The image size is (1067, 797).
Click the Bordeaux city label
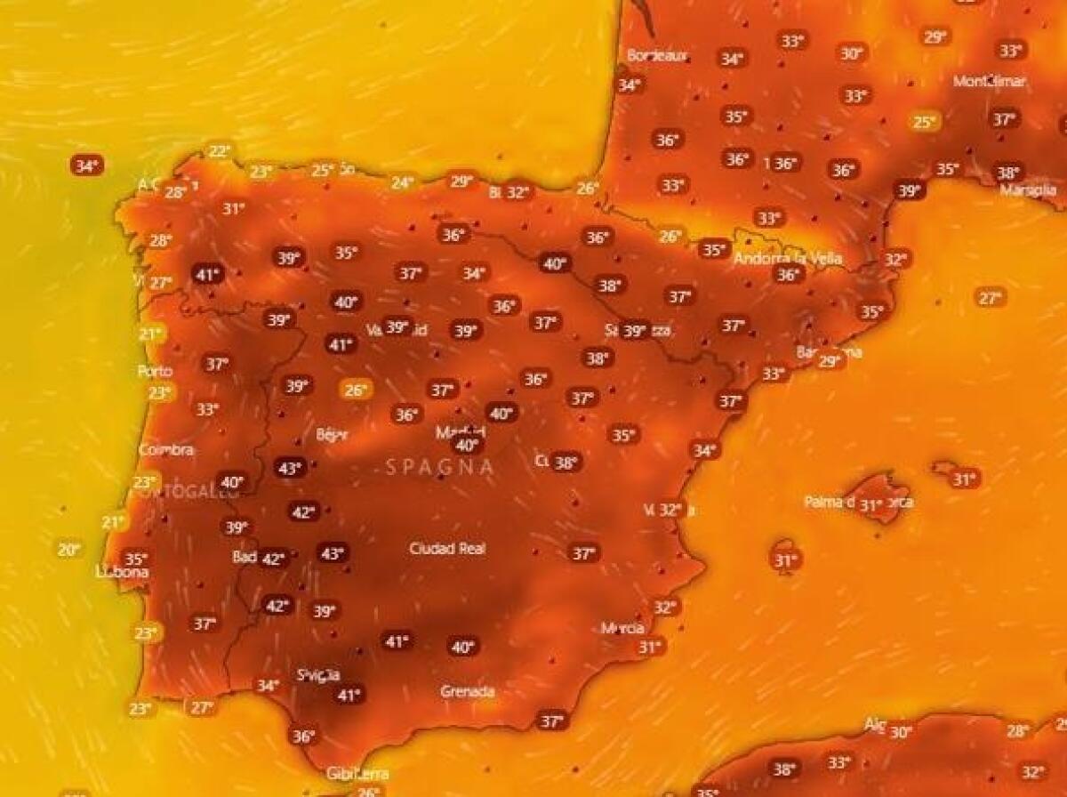[658, 55]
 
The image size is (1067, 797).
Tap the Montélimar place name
[990, 81]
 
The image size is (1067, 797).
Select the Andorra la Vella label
[788, 259]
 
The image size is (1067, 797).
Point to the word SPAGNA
[440, 466]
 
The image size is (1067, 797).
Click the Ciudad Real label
[447, 549]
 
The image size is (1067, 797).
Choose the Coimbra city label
[166, 450]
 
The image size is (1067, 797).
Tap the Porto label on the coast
[156, 371]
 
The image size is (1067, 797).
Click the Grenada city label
[468, 691]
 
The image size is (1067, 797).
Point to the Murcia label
[622, 628]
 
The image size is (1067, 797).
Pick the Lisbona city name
[122, 573]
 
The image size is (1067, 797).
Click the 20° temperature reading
[69, 550]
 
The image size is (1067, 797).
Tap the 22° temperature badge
[219, 151]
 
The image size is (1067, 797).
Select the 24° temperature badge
[403, 182]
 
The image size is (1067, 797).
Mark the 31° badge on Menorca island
[965, 479]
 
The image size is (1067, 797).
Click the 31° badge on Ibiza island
[785, 560]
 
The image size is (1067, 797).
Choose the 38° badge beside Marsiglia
[1007, 173]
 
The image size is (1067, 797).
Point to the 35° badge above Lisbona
[135, 559]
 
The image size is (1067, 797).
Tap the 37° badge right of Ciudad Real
[583, 553]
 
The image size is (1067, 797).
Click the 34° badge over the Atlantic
[86, 165]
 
